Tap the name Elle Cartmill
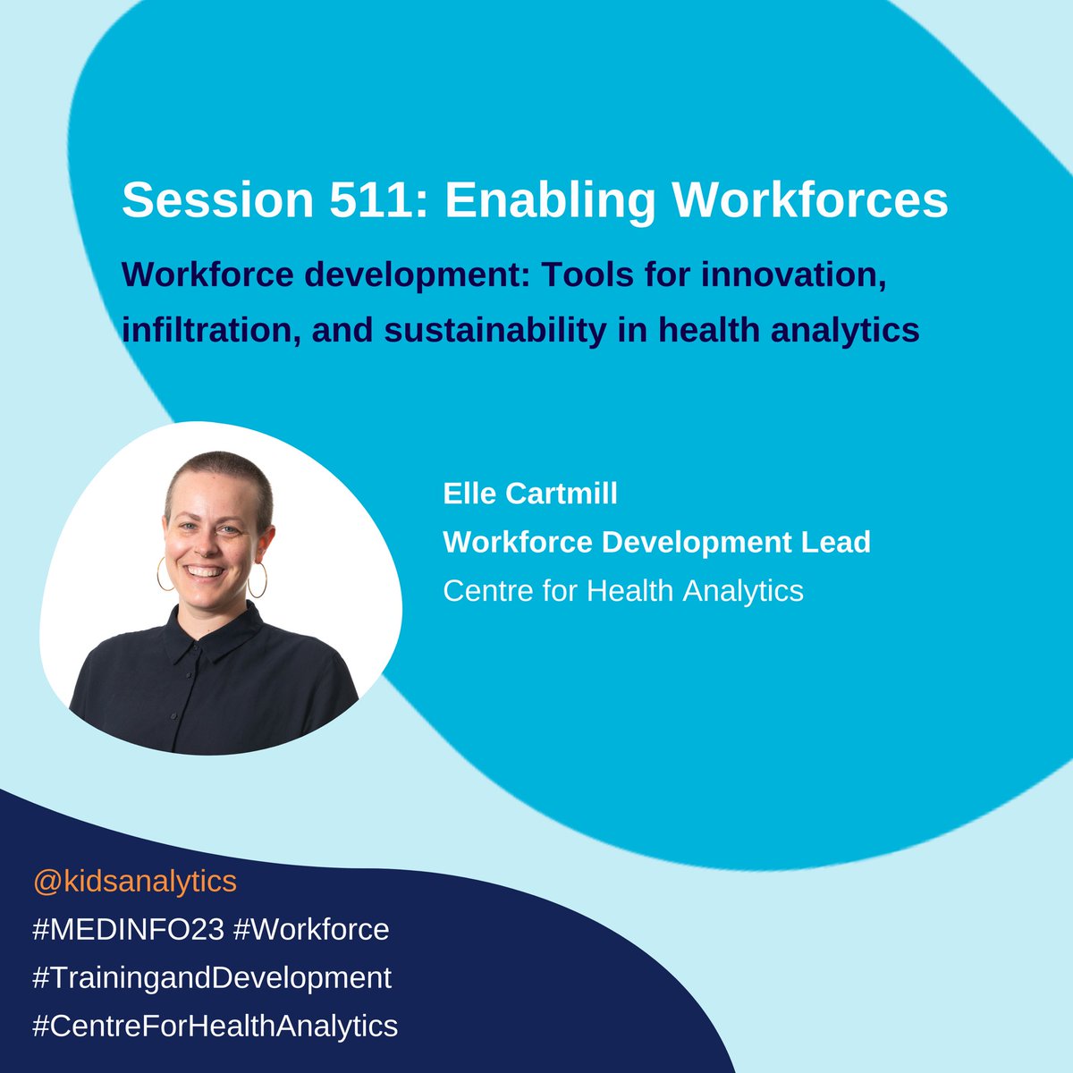530,493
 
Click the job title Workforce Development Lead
656,541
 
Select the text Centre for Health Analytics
623,590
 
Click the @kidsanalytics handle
135,882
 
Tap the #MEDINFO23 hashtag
128,929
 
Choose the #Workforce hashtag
311,929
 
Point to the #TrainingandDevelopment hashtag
212,977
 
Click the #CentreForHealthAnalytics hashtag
215,1025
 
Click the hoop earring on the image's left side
165,573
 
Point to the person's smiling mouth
206,570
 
